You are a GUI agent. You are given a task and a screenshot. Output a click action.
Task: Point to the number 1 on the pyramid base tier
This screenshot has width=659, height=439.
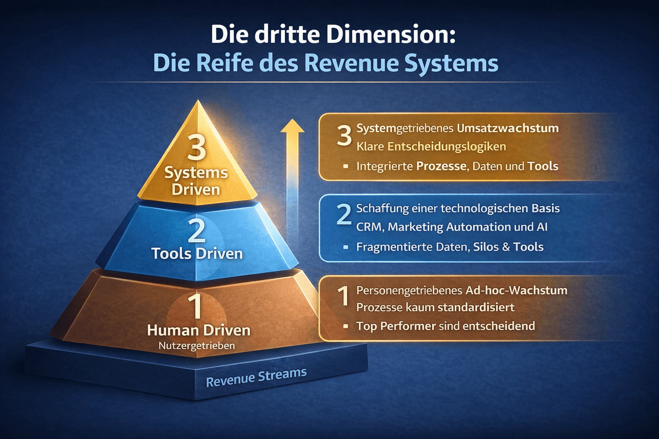tap(196, 306)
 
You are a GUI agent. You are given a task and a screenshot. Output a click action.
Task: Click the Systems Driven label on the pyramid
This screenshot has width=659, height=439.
tap(196, 180)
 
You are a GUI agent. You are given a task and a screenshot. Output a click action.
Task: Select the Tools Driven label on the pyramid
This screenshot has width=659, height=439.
tap(197, 253)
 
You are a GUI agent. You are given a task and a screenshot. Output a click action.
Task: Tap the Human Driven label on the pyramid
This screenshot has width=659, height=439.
tap(199, 330)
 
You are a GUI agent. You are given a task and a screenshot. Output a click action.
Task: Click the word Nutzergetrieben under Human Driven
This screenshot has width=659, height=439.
tap(197, 346)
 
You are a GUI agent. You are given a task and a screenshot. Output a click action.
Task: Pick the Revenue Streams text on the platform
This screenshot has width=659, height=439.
tap(256, 377)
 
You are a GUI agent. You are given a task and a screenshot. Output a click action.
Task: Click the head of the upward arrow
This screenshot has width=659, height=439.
tap(292, 126)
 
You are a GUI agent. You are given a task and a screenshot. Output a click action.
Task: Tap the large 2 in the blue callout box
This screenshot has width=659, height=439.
tap(344, 214)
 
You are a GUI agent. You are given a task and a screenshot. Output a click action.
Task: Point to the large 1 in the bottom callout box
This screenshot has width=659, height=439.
tap(343, 296)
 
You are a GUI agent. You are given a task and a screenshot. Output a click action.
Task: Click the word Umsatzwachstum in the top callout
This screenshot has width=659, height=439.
tap(508, 128)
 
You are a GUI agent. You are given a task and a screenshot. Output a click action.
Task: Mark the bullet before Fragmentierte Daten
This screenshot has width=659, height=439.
tap(346, 247)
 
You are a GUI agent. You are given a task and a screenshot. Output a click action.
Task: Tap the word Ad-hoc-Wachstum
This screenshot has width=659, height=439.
tap(516, 290)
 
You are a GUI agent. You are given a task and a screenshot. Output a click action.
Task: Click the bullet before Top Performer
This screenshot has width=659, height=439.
tap(346, 326)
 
